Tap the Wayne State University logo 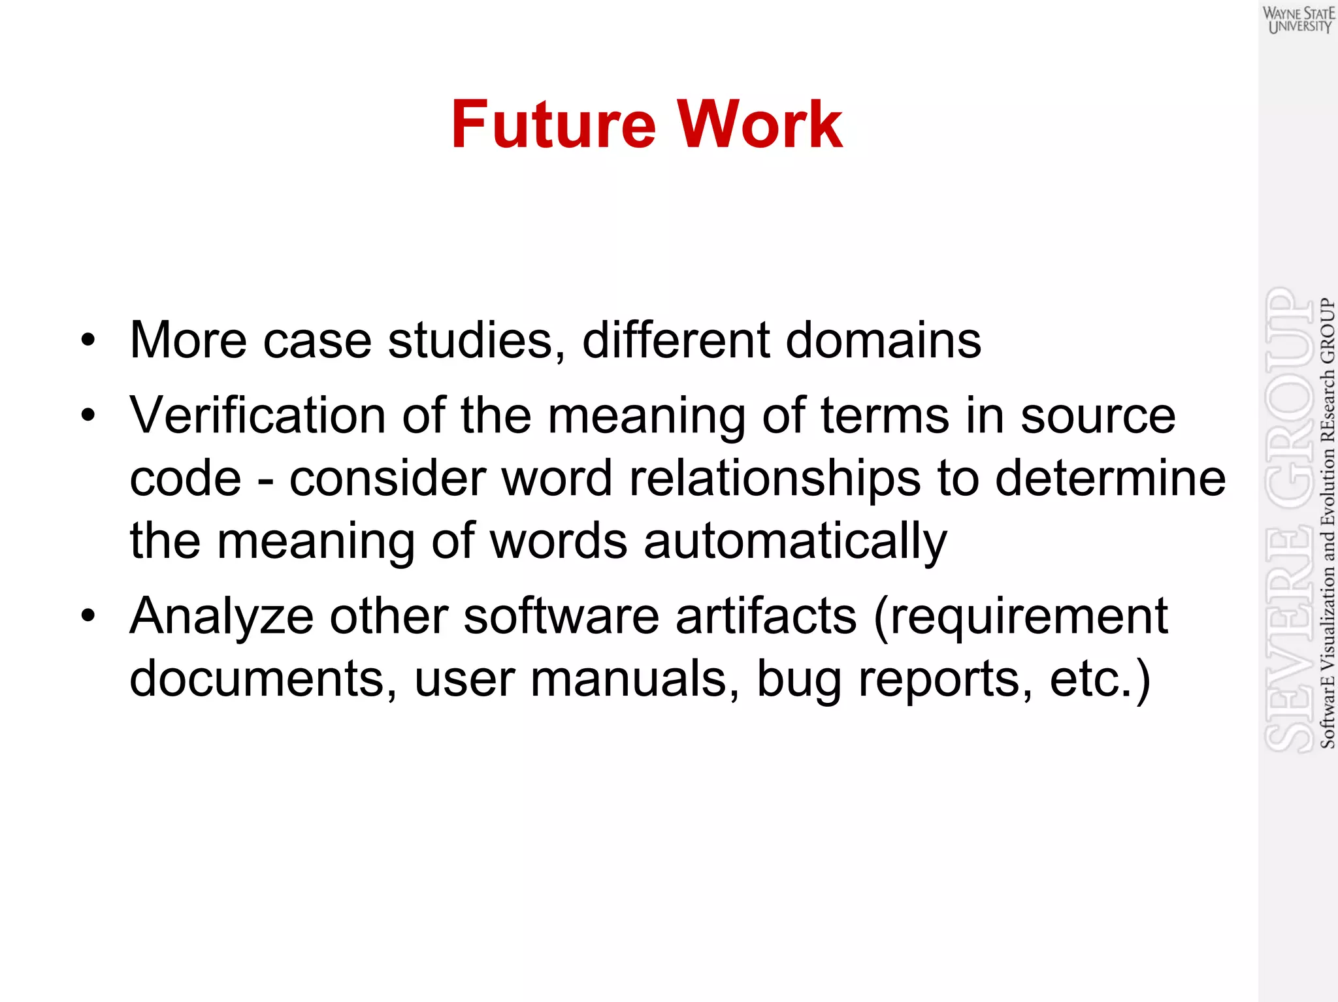[1298, 20]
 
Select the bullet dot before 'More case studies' [88, 341]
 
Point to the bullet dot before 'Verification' [88, 416]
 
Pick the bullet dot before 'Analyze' [88, 616]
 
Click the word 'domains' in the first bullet [883, 340]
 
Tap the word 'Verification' [257, 415]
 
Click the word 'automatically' [794, 541]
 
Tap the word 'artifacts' [765, 616]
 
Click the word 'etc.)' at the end [1100, 679]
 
